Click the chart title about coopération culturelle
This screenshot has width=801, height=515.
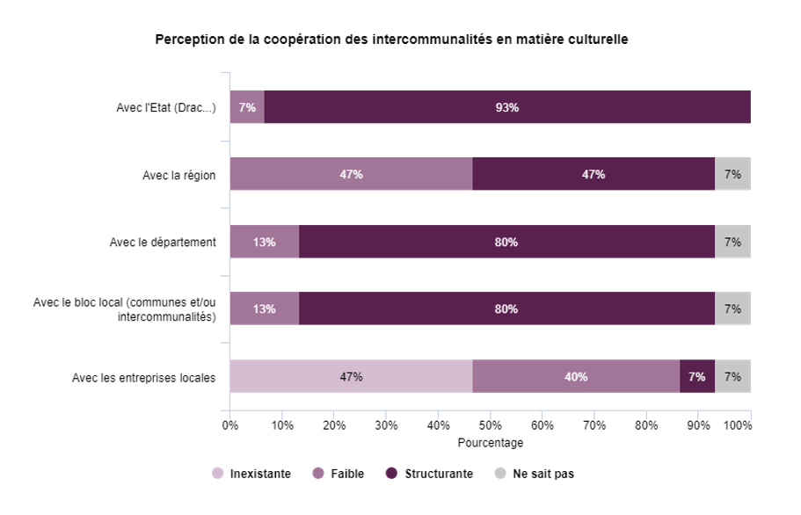click(391, 40)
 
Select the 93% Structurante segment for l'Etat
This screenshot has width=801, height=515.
click(506, 107)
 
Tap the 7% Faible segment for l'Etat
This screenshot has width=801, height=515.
click(247, 107)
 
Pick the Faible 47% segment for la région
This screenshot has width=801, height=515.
click(351, 174)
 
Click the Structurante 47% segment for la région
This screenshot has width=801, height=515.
click(593, 174)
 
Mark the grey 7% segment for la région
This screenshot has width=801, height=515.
click(732, 174)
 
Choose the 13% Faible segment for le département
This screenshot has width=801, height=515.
click(265, 242)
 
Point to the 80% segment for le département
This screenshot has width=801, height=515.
click(506, 242)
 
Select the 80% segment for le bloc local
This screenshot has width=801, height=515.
click(506, 308)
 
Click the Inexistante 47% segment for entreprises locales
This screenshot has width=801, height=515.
click(351, 376)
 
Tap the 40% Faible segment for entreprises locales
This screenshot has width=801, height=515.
click(576, 376)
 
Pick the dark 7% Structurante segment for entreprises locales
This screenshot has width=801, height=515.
click(697, 376)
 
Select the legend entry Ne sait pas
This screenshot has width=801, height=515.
click(535, 474)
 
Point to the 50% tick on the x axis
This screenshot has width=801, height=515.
click(490, 425)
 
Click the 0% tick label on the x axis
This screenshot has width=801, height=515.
click(230, 425)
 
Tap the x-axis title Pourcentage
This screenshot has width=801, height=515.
click(490, 443)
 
